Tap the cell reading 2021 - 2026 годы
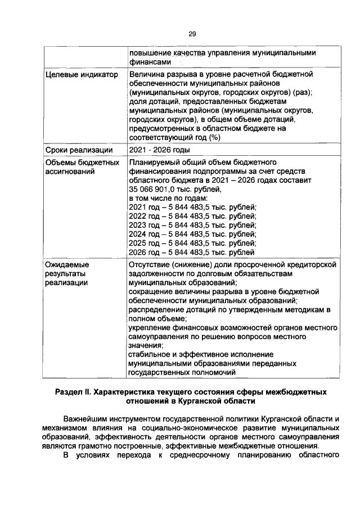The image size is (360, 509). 159,150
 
